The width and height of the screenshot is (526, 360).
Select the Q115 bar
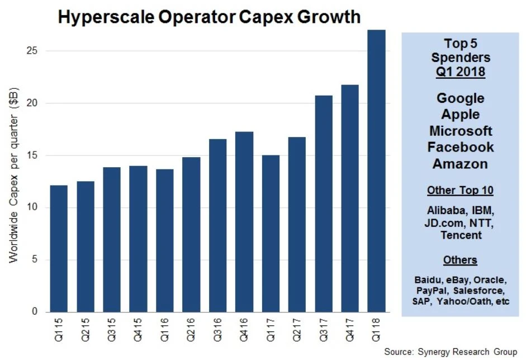tap(58, 248)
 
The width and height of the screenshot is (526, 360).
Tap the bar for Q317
tap(323, 203)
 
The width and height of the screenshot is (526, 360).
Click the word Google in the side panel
tap(460, 98)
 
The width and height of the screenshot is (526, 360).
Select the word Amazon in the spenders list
tap(460, 164)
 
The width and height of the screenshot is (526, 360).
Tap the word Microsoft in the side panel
tap(460, 131)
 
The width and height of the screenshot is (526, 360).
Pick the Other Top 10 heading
tap(460, 190)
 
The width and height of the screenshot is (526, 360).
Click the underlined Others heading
tap(460, 260)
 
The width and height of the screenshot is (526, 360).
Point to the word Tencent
tap(460, 235)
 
